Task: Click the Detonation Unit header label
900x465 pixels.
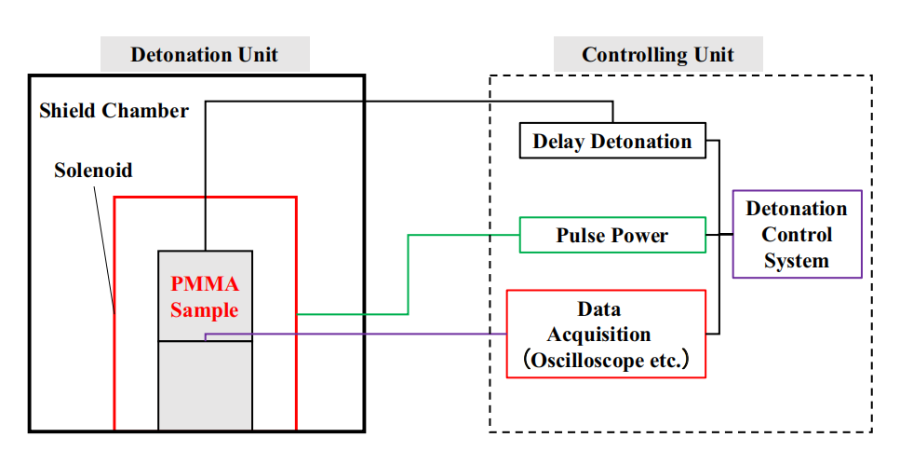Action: [204, 54]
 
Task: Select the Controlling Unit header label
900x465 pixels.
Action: [657, 54]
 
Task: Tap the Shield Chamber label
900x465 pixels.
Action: [114, 111]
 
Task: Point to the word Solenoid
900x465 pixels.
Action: [93, 171]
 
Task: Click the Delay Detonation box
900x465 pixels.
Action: [611, 142]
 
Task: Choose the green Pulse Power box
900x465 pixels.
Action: [611, 235]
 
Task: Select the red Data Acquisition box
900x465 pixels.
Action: [605, 334]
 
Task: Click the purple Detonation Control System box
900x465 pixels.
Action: [797, 235]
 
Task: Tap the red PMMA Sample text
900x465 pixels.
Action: [205, 297]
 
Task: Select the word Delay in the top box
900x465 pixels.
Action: [557, 142]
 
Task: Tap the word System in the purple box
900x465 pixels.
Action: [797, 260]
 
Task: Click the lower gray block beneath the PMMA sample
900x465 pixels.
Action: [205, 384]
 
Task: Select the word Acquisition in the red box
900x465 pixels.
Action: [598, 335]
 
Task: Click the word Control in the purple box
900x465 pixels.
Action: [797, 235]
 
